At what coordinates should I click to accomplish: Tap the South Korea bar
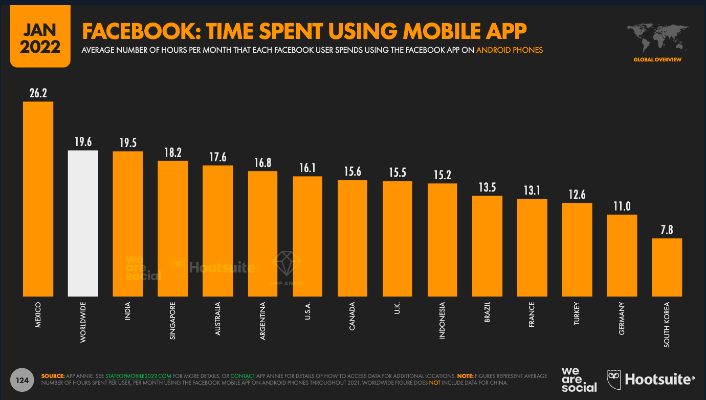tap(667, 267)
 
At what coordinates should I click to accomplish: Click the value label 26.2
tap(38, 93)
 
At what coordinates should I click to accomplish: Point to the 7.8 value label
tap(667, 230)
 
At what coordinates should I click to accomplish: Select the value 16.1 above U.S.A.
tap(307, 168)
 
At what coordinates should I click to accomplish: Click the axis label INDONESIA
tap(443, 321)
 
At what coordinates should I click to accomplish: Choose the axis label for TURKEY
tap(577, 314)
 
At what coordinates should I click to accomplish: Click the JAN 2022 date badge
tap(40, 39)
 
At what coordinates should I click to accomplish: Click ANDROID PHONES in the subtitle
tap(509, 50)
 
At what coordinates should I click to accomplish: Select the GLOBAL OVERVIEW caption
tap(657, 60)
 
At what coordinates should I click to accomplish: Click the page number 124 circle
tap(22, 381)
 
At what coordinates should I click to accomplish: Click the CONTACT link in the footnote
tap(242, 376)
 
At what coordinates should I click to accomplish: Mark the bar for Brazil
tap(487, 246)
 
